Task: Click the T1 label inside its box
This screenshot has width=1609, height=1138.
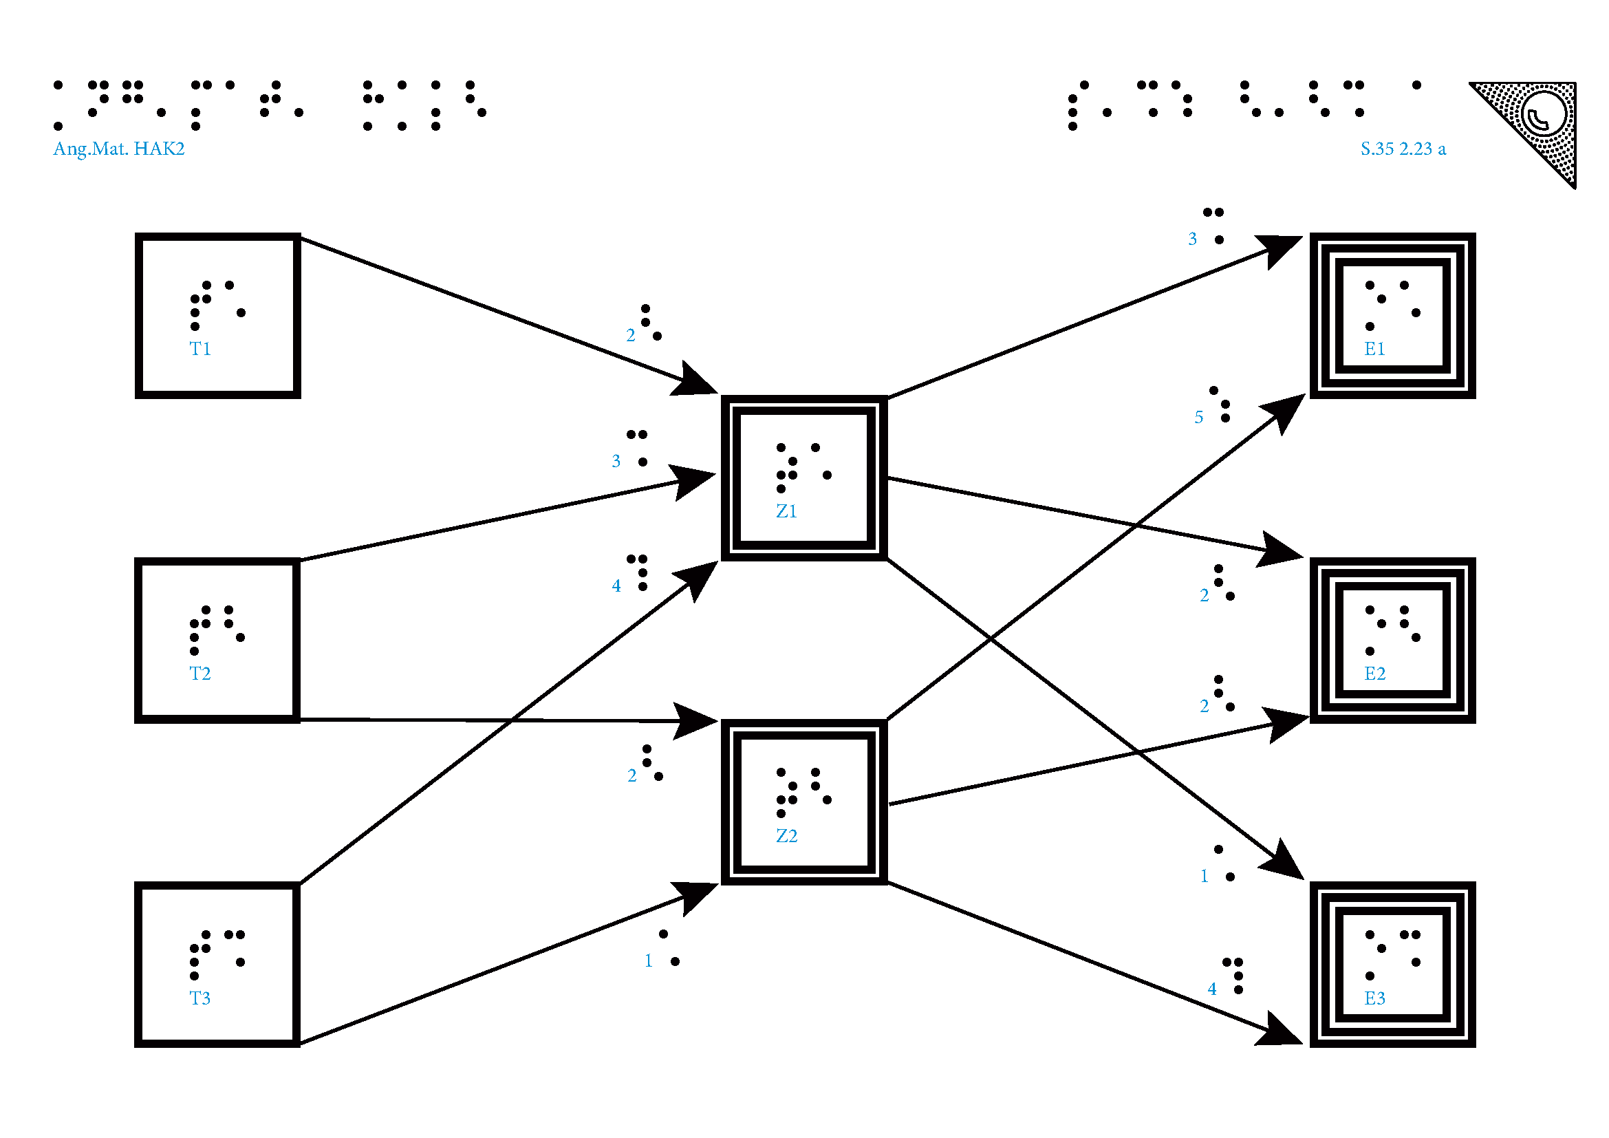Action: (x=200, y=349)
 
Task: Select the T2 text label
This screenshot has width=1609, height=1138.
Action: (x=200, y=674)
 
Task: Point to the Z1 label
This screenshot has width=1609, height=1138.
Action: (x=786, y=511)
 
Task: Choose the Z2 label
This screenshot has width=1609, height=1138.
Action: (x=786, y=836)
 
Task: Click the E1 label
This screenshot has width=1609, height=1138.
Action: (x=1374, y=349)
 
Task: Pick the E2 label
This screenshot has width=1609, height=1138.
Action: (x=1374, y=674)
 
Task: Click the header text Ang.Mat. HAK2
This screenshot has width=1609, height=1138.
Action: (x=119, y=149)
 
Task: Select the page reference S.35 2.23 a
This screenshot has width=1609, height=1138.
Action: (x=1403, y=149)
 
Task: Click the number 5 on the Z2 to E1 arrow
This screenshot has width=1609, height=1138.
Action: (x=1198, y=418)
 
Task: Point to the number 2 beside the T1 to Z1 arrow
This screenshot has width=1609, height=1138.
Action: (x=631, y=336)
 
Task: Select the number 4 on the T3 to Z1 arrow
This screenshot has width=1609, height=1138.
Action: (x=616, y=586)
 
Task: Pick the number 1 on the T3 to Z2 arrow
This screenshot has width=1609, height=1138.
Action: (x=648, y=960)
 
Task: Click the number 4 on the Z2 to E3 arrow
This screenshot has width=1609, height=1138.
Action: (x=1211, y=989)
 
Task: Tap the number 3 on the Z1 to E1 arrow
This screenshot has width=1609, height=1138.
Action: (x=1192, y=239)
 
